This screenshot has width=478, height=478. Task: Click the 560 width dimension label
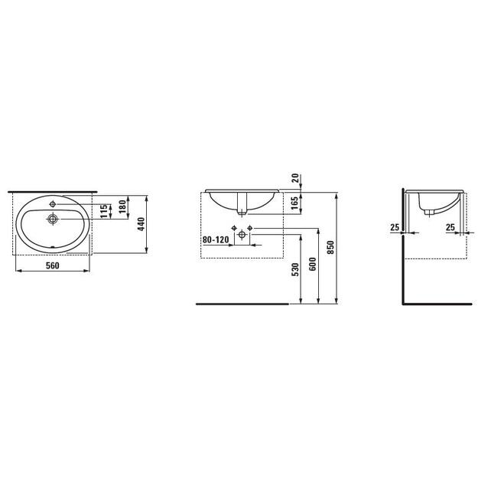pos(53,265)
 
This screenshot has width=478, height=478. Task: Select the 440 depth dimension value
pos(141,224)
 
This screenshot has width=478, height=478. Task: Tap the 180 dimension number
pos(122,206)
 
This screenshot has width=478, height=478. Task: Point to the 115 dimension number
pos(104,211)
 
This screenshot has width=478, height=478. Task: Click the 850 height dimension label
pos(331,247)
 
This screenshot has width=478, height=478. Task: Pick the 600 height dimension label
pos(313,264)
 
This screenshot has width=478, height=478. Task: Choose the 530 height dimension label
pos(296,269)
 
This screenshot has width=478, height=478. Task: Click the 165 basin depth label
pos(294,203)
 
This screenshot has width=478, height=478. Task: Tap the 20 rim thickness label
pos(295,178)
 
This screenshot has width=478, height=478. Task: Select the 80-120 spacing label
pos(216,240)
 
